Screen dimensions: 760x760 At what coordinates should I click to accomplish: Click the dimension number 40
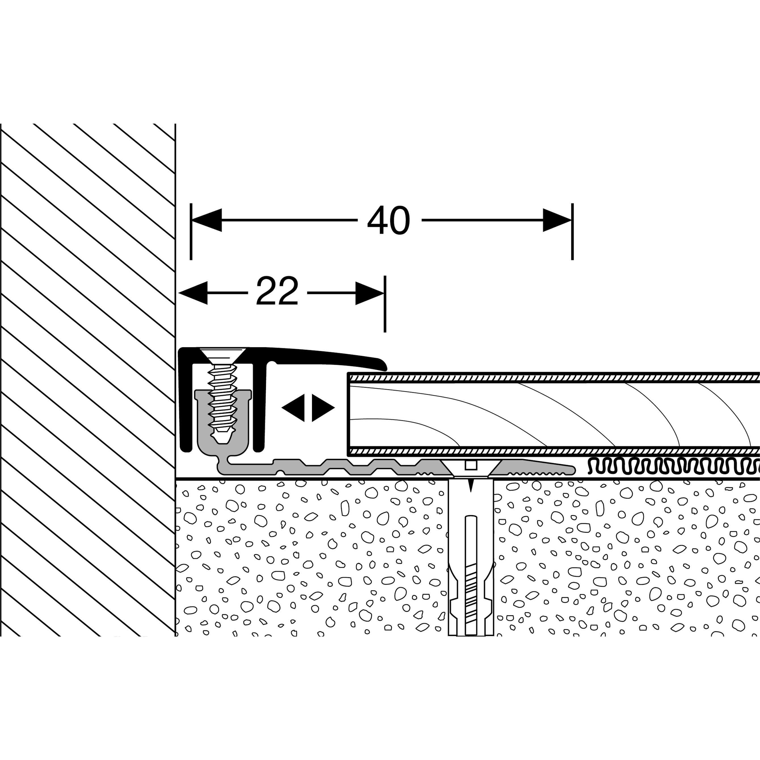tap(389, 221)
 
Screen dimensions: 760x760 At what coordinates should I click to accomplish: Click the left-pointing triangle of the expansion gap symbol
tap(294, 408)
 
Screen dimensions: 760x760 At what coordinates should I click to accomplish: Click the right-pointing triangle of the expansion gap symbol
tap(322, 408)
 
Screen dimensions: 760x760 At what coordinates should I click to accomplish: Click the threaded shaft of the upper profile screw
tap(223, 397)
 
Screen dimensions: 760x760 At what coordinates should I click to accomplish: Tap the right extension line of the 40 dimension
tap(572, 244)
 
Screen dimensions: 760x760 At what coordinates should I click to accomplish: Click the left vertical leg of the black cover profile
tap(185, 401)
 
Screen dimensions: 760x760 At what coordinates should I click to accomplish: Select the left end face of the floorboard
tap(349, 413)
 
